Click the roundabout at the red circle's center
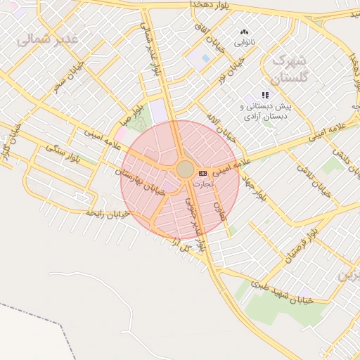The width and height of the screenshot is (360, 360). pos(185,169)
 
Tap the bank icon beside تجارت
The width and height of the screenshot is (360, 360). pos(202,172)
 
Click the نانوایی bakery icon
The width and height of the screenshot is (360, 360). pos(244,32)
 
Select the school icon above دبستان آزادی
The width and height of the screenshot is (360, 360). pos(265,95)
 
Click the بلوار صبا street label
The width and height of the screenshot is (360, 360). pos(132,112)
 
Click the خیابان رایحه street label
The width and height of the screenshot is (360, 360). pos(106,213)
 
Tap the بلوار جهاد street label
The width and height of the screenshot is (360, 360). pos(252,184)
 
